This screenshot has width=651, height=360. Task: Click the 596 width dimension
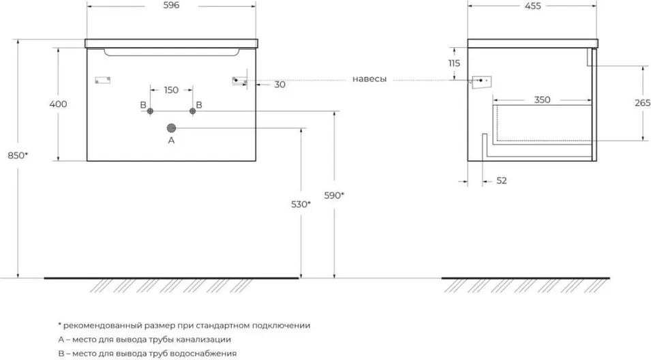[171, 6]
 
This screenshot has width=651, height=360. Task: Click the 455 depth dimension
[532, 6]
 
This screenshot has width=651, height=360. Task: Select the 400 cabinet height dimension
[59, 104]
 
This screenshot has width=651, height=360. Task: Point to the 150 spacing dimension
[171, 90]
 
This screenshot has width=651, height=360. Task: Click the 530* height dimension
[300, 204]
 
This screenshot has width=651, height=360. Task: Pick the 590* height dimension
[334, 195]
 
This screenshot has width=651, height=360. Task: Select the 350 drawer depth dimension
[542, 100]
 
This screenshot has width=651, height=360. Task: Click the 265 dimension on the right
[641, 103]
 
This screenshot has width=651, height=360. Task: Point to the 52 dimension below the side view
[501, 181]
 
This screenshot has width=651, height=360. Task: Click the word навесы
[369, 79]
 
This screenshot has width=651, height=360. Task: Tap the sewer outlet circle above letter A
[171, 127]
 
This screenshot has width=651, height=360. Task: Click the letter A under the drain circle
[171, 140]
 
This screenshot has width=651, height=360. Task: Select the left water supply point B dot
[151, 111]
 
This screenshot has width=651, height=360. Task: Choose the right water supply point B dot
[192, 111]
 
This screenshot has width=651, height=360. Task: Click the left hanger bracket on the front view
[102, 80]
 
